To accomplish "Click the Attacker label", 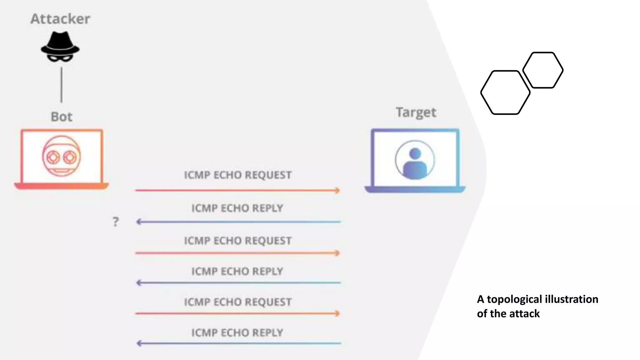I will (x=60, y=19).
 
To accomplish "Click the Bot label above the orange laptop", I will (x=62, y=117).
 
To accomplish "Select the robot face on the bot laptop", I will (x=62, y=156).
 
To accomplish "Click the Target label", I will (x=416, y=112).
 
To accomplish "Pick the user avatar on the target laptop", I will (x=415, y=160).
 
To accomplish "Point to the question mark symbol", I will (x=116, y=222).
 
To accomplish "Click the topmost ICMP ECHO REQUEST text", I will (x=237, y=175).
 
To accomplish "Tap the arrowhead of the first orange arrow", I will (x=337, y=190).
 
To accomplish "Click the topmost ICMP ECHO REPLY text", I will (x=237, y=208).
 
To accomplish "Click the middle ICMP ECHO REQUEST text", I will (x=237, y=241).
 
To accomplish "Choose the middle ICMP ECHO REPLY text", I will (x=237, y=271).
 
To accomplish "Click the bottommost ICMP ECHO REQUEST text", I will (x=237, y=302).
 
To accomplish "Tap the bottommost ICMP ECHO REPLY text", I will (x=237, y=332).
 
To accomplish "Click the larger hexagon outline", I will (x=505, y=92).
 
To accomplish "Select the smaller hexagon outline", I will (x=543, y=70).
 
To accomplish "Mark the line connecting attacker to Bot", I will (x=62, y=85).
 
